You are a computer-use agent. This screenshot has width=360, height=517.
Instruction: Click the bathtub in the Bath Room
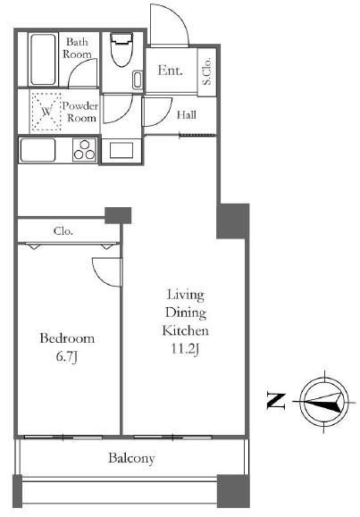click(x=43, y=59)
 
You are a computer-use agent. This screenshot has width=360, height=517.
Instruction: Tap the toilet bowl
click(x=121, y=49)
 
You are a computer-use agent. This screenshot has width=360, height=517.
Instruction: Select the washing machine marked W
click(x=46, y=111)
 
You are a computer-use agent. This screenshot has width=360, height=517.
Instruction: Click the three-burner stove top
click(x=85, y=150)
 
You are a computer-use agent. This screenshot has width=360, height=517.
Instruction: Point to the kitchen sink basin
click(x=38, y=150)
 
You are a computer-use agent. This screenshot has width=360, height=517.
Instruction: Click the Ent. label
click(x=170, y=71)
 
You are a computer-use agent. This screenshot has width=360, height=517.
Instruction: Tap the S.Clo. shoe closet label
click(x=207, y=71)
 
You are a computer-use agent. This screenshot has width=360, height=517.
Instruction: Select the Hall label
click(x=187, y=115)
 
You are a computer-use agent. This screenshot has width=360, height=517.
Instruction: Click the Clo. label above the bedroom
click(x=63, y=230)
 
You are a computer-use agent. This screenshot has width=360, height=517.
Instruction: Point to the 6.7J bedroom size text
click(x=67, y=356)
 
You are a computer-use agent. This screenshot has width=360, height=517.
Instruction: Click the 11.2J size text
click(x=185, y=349)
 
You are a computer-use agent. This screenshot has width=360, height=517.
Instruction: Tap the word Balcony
click(x=131, y=458)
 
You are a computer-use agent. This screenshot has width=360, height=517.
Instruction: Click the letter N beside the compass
click(x=275, y=401)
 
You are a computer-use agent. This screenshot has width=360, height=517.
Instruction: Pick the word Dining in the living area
click(x=186, y=313)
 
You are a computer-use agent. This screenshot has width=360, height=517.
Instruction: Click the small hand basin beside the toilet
click(x=138, y=79)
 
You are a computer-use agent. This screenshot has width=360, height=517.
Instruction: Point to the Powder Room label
click(x=80, y=112)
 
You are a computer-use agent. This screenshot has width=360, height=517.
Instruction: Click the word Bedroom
click(x=67, y=338)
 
